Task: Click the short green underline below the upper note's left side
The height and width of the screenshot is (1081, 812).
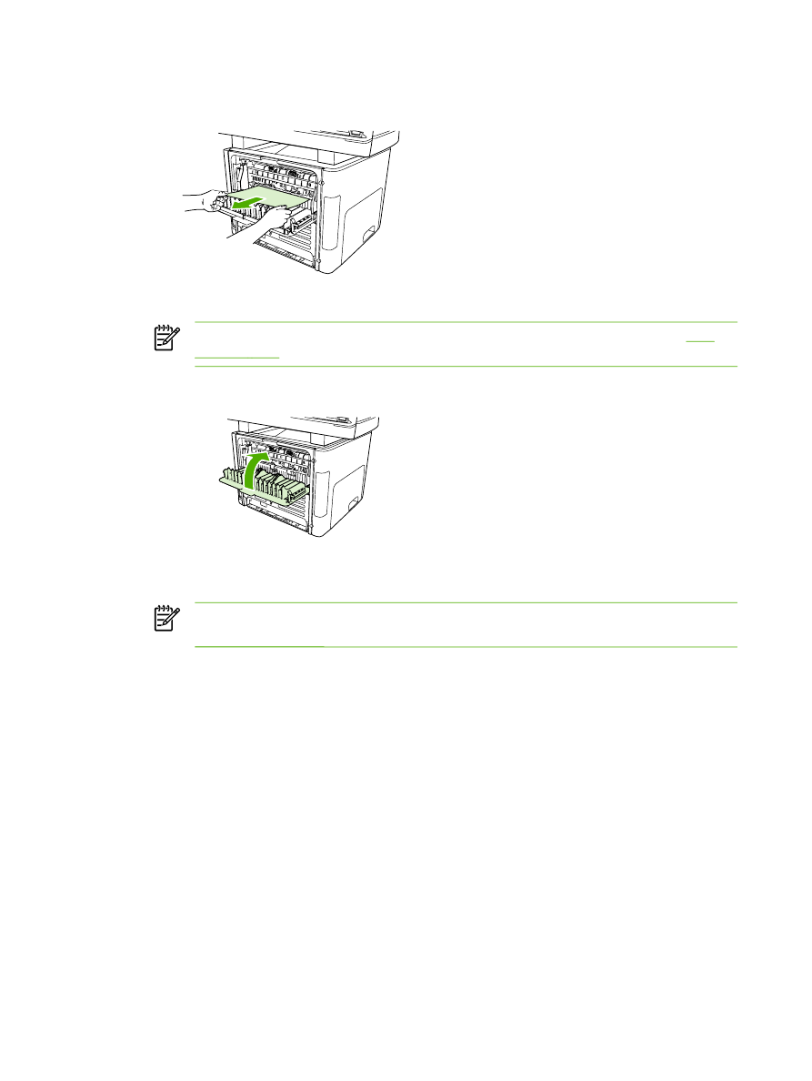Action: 237,357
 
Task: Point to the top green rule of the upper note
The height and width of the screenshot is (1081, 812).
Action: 465,321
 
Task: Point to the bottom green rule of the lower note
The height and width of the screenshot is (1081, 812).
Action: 465,647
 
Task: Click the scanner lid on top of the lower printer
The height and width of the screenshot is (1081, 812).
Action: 300,424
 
